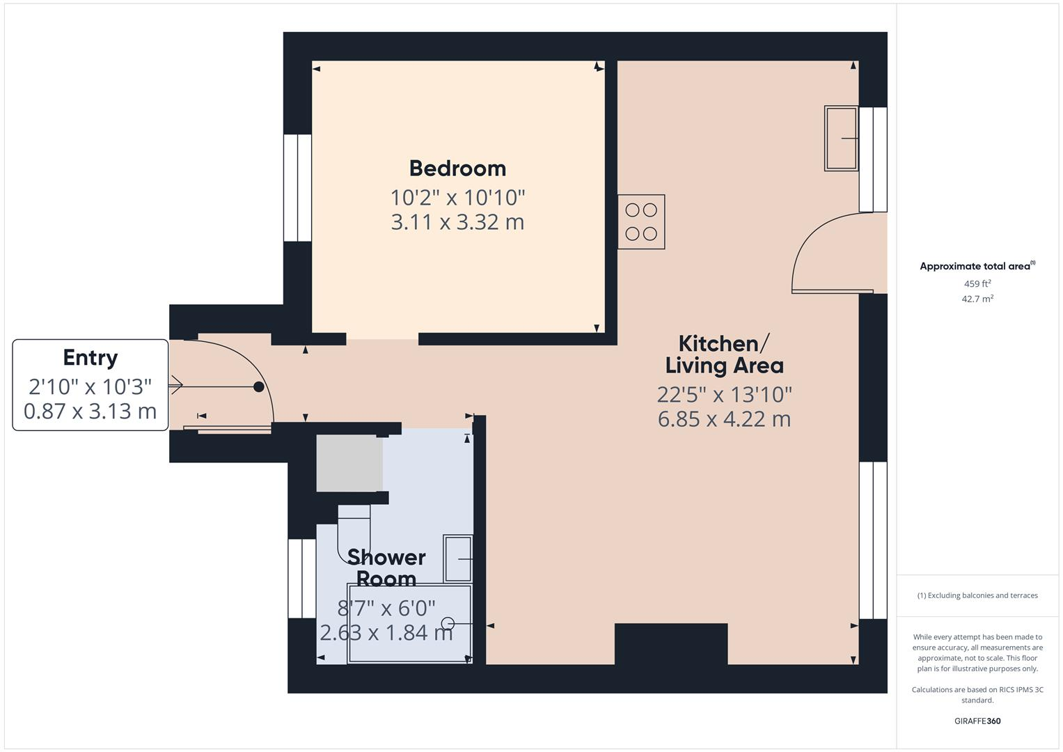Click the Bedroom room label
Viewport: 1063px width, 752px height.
457,169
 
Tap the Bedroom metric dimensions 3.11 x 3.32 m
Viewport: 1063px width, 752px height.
457,222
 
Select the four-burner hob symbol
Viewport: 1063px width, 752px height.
641,221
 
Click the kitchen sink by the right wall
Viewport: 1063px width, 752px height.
841,138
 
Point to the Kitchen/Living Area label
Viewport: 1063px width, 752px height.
724,354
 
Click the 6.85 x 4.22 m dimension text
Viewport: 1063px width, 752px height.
724,419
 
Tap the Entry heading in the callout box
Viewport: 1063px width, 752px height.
90,357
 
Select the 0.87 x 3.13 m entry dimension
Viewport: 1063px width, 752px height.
90,411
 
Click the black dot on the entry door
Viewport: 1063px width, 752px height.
259,386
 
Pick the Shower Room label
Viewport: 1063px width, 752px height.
386,567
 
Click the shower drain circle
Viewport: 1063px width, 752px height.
448,623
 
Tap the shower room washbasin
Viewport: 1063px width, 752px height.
458,558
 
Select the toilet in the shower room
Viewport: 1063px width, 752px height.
354,533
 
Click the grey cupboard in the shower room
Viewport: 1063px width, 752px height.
349,463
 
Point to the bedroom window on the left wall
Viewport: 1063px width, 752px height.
297,187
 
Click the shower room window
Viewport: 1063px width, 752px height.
302,578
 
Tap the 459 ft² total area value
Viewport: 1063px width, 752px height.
977,283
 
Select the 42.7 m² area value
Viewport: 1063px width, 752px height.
977,299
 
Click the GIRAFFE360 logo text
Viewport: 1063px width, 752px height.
977,721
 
